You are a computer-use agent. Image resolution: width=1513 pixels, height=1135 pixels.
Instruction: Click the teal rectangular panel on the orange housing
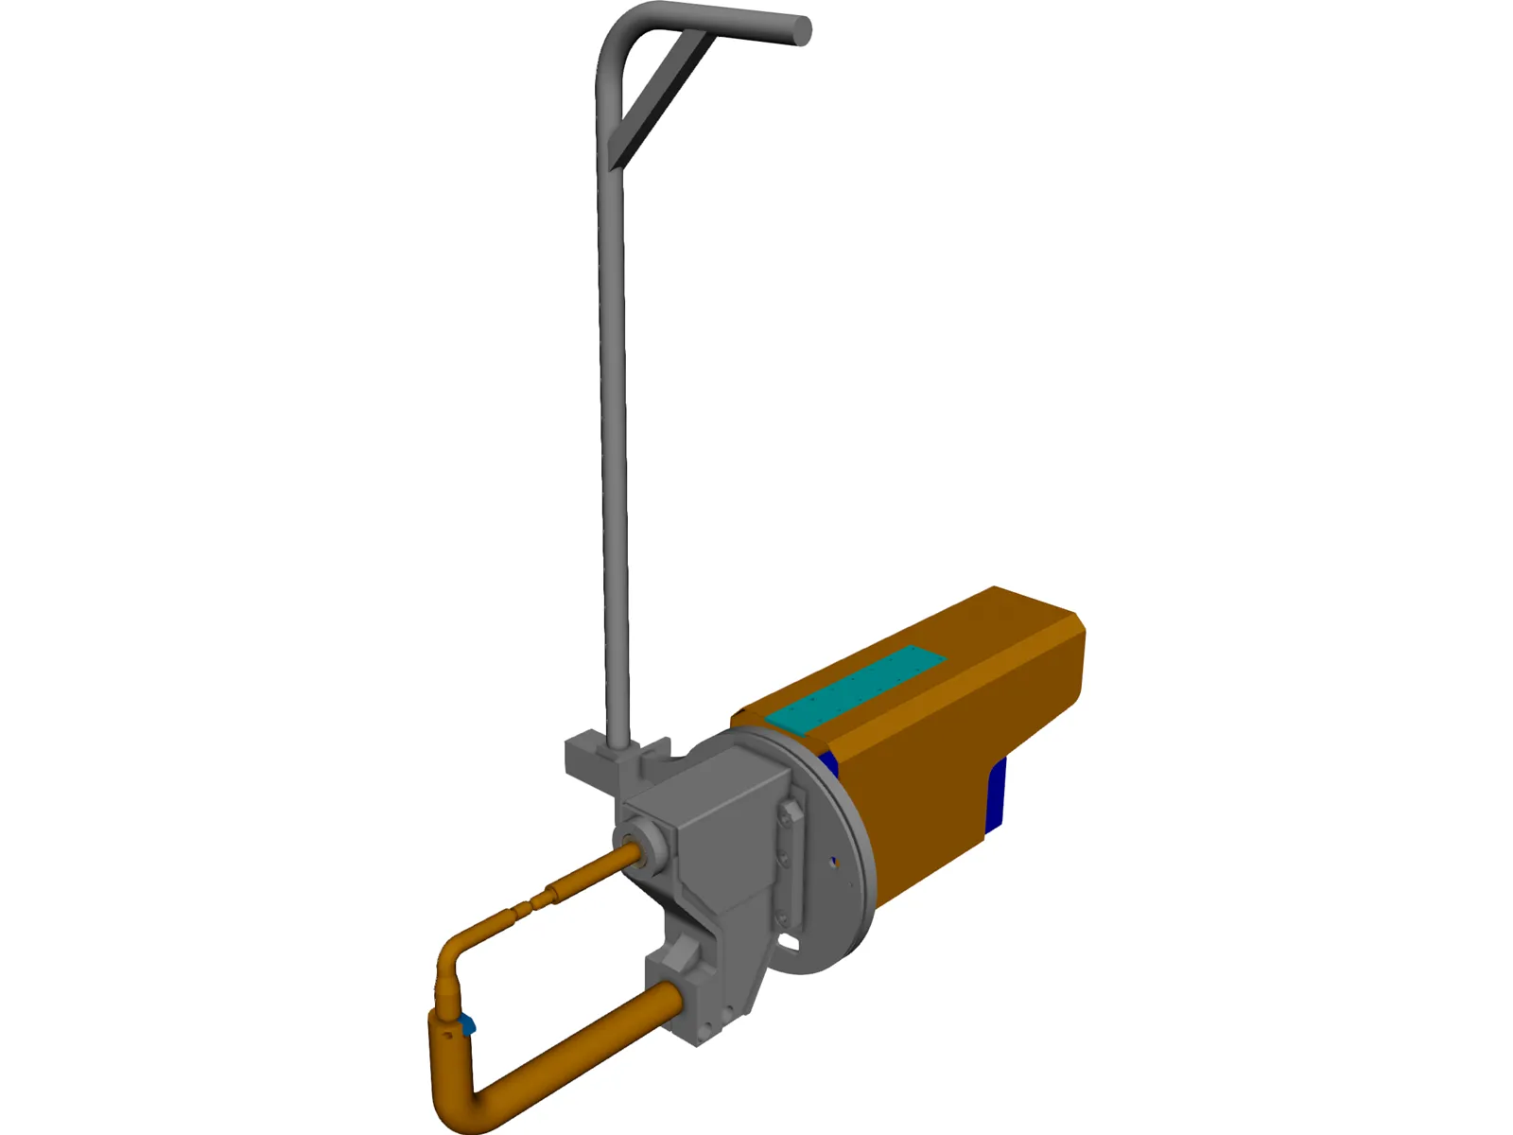[x=857, y=687]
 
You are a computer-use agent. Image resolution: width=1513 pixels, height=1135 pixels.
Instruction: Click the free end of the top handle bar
[x=800, y=30]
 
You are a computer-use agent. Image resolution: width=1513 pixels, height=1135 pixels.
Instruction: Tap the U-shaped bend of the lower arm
[x=454, y=1102]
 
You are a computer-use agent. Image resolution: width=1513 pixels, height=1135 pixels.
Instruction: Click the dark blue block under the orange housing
[x=995, y=794]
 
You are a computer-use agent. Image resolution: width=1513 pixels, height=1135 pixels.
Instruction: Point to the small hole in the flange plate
[x=832, y=862]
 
